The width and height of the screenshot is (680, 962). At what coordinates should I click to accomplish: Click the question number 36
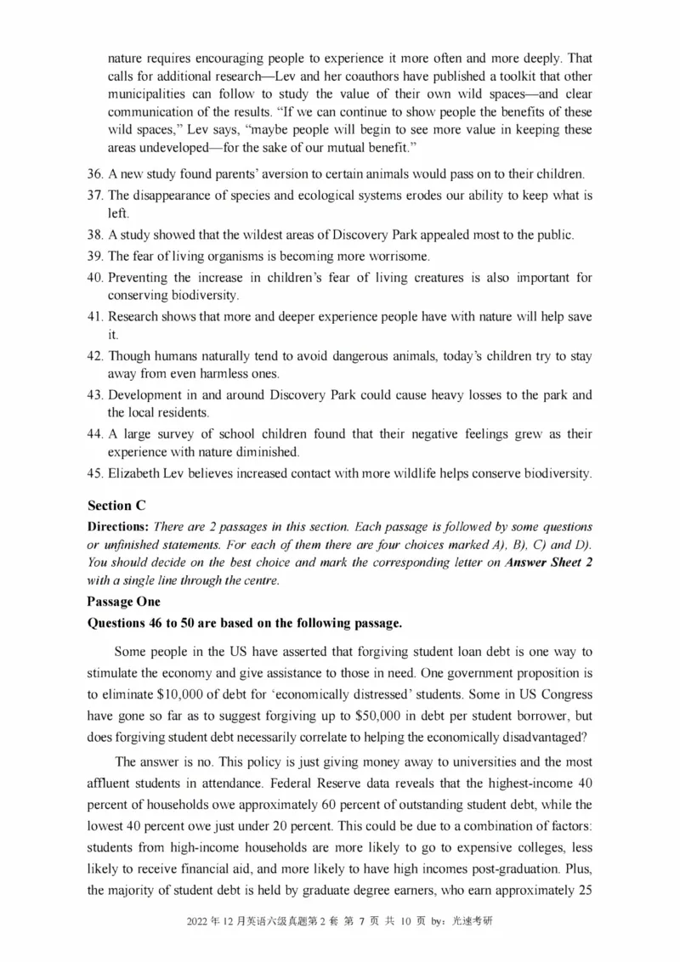(95, 175)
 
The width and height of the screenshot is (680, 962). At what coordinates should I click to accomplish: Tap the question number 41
(95, 317)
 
